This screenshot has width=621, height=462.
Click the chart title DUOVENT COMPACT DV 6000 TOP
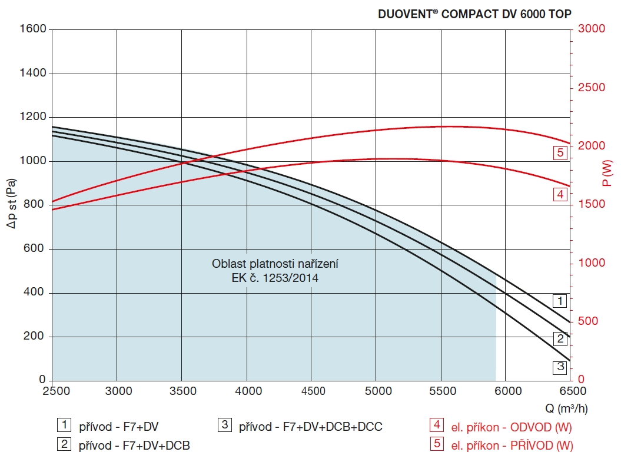pyautogui.click(x=474, y=14)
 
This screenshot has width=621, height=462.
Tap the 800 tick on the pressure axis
pyautogui.click(x=35, y=205)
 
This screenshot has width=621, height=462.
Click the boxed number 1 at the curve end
pyautogui.click(x=560, y=301)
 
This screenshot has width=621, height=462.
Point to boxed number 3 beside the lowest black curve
pyautogui.click(x=560, y=367)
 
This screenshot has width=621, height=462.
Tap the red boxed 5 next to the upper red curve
pyautogui.click(x=560, y=153)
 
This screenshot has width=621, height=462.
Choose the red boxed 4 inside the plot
pyautogui.click(x=560, y=194)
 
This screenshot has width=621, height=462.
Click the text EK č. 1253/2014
pyautogui.click(x=275, y=278)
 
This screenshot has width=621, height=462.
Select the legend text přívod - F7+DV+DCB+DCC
pyautogui.click(x=310, y=426)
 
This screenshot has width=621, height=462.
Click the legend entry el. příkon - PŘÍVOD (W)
pyautogui.click(x=511, y=446)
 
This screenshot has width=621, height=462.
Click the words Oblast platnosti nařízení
pyautogui.click(x=275, y=264)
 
